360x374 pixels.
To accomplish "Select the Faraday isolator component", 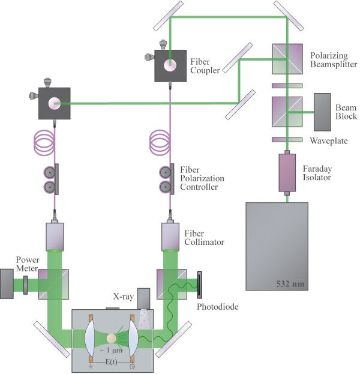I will click(287, 172).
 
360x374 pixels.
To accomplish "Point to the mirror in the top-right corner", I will click(288, 14).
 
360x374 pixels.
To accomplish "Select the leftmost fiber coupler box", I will click(55, 103).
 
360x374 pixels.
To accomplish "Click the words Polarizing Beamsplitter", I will click(334, 59).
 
